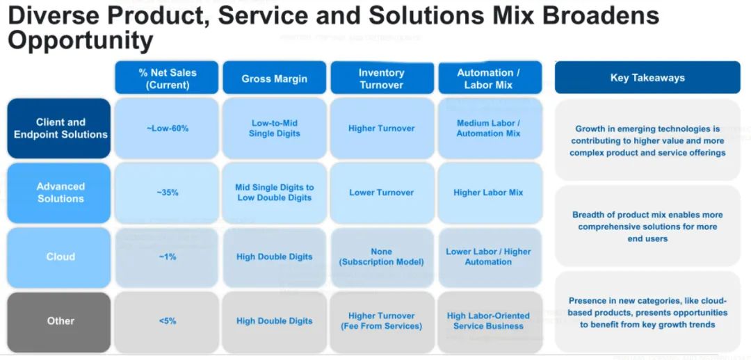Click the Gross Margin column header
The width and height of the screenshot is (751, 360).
click(274, 79)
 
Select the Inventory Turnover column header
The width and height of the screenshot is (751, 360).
click(381, 79)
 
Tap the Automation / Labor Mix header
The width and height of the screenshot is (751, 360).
click(488, 79)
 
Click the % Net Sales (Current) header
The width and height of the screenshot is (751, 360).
click(167, 79)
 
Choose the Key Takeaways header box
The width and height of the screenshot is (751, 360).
click(647, 78)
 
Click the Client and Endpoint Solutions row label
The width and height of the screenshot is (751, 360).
click(60, 129)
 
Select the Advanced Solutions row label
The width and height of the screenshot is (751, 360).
click(60, 193)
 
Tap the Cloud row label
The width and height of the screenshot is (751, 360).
click(60, 256)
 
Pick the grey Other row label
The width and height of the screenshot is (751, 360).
click(60, 321)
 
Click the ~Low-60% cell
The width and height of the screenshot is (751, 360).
click(167, 129)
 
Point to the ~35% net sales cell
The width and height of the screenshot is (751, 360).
click(167, 193)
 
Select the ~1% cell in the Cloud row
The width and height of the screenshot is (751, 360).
click(167, 256)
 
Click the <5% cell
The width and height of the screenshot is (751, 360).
click(167, 321)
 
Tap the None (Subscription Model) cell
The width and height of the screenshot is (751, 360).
click(381, 256)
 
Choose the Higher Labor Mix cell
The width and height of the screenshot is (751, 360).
click(488, 193)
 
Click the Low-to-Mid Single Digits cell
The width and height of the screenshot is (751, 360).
click(274, 129)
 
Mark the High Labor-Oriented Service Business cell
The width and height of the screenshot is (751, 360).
click(488, 321)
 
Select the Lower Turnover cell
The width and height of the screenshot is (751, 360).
click(381, 193)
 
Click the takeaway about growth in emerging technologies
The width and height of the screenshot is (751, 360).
click(647, 140)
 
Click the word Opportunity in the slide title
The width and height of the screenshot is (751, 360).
click(80, 41)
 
